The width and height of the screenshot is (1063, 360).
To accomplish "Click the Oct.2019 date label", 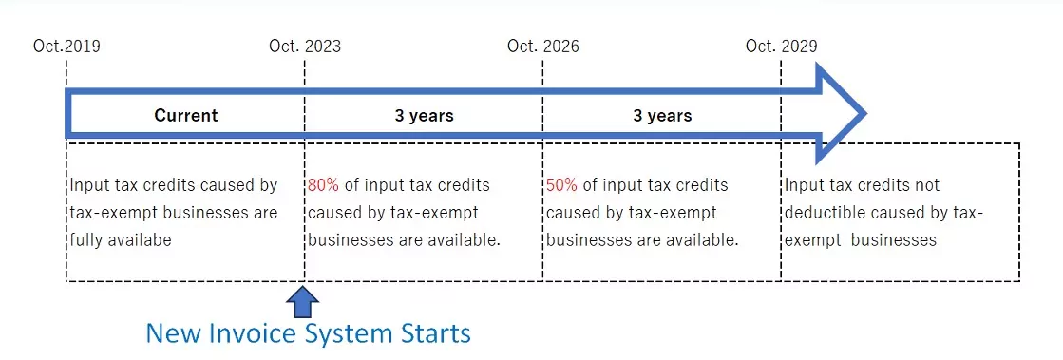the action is pos(66,47).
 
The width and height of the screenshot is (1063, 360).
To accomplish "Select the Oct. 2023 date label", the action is pos(305,47).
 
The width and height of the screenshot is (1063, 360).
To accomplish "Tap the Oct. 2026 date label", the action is pos(543,47).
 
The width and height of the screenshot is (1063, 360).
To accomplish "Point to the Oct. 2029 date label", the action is pos(782,47).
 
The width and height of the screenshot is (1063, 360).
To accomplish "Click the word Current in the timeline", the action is pos(186,115).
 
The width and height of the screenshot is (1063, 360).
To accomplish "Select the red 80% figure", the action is pos(323,185).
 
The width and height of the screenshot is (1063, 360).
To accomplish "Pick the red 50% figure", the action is pos(561,185).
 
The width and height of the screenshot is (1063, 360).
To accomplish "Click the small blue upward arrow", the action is pos(302,302).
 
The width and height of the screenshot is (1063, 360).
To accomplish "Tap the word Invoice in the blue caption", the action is pos(255,334).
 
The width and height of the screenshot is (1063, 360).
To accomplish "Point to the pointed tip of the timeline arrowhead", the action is pos(865,113).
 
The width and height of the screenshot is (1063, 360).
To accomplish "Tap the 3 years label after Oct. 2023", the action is pos(425,115).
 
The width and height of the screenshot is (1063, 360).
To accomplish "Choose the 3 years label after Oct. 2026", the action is pos(662,115).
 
